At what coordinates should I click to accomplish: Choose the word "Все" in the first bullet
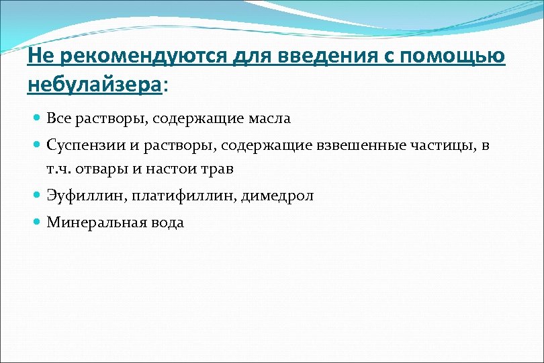click(x=58, y=119)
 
